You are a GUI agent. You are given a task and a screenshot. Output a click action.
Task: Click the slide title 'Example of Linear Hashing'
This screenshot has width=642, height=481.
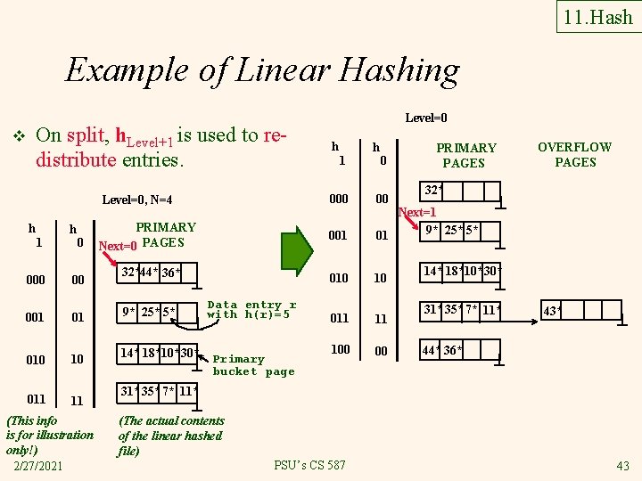[262, 69]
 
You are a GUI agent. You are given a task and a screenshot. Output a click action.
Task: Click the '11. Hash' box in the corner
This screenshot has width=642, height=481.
[598, 16]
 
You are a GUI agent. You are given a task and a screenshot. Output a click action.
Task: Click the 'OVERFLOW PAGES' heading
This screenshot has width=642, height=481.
[575, 154]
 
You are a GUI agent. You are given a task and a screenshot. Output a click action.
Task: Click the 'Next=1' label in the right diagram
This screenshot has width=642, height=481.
[416, 213]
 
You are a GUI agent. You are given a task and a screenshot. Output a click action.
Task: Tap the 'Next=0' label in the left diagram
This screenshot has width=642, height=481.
[118, 245]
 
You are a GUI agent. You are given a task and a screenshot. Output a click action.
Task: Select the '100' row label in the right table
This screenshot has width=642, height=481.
[341, 349]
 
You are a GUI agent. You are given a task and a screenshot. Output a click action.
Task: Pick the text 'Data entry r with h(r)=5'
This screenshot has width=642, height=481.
[251, 309]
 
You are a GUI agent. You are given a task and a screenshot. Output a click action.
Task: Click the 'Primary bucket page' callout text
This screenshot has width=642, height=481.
[253, 365]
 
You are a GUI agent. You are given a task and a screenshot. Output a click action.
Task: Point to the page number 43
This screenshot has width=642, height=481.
[622, 466]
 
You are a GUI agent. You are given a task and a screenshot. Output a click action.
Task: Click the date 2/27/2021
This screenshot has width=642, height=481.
[39, 466]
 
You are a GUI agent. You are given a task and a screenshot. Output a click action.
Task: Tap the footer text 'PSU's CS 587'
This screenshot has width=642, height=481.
[309, 466]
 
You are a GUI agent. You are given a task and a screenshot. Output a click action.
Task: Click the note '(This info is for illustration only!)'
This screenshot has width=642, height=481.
[49, 435]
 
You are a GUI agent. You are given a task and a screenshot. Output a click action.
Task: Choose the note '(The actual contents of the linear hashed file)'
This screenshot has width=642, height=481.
[170, 436]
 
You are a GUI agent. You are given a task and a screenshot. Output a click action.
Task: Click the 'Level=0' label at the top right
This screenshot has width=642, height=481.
[426, 118]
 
